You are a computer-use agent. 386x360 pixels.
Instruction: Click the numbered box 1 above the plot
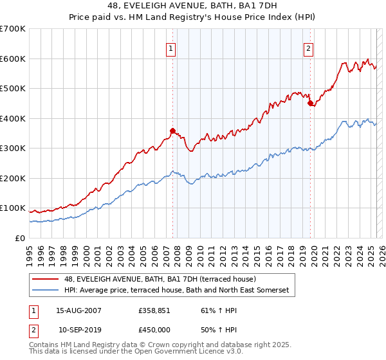pos(171,48)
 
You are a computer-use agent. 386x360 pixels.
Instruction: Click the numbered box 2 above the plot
pos(309,48)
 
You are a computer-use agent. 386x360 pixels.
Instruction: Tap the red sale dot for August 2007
pos(172,130)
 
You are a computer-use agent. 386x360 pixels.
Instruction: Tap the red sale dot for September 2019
pos(310,103)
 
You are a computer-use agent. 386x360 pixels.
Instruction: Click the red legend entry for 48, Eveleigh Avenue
pos(160,279)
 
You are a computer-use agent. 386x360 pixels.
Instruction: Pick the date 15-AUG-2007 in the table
pos(78,310)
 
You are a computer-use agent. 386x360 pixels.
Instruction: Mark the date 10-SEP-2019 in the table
pos(78,329)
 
